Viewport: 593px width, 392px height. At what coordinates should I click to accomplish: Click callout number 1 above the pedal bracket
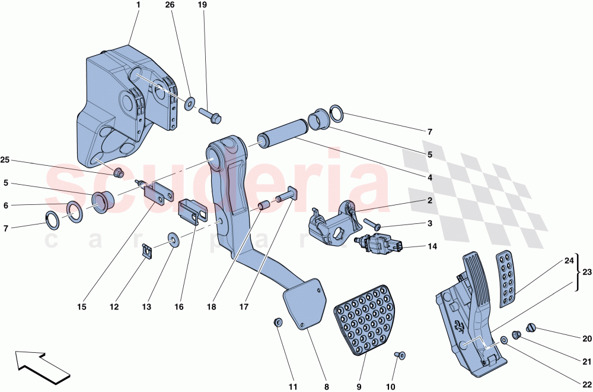click(138, 5)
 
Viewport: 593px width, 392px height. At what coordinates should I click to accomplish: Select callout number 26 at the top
click(170, 5)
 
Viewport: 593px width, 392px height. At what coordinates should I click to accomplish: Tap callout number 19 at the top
click(202, 5)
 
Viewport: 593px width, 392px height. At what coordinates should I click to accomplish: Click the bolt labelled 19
click(211, 113)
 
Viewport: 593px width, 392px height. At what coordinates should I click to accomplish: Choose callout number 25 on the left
click(5, 160)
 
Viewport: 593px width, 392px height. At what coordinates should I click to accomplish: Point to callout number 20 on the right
click(586, 339)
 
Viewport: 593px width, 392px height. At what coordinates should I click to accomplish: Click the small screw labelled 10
click(399, 355)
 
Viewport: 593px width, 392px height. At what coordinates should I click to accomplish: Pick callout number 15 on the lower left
click(81, 307)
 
